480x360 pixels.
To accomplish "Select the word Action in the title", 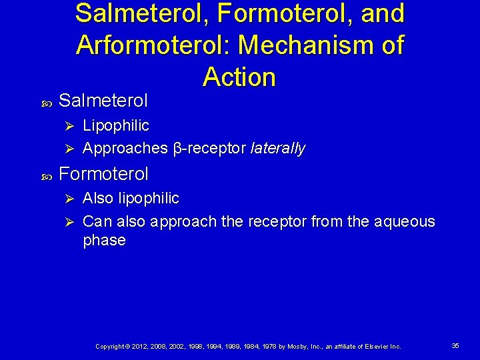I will tap(239, 77).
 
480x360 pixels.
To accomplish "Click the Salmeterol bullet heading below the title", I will tap(103, 101).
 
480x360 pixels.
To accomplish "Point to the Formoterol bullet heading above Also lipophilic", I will tap(103, 174).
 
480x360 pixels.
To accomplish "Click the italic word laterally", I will tap(278, 148).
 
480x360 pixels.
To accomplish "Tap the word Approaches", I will tap(125, 148).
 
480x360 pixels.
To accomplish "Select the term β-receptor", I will tap(210, 148).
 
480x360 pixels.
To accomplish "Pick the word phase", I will tap(104, 240).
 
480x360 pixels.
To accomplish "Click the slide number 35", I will tap(455, 346).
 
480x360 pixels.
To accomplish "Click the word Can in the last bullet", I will tap(95, 221).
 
